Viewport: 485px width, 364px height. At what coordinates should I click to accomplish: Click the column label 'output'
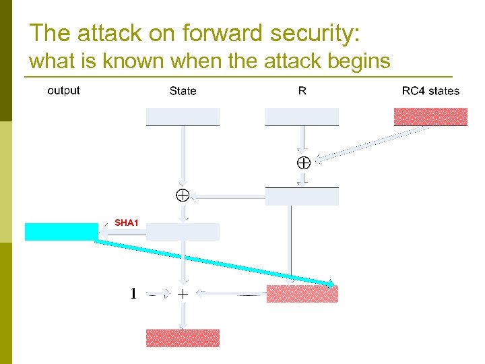pos(63,90)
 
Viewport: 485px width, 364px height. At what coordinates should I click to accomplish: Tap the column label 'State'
pos(183,91)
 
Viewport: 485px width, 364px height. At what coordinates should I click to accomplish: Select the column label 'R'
pos(302,91)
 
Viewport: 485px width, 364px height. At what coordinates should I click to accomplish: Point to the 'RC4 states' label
pos(430,91)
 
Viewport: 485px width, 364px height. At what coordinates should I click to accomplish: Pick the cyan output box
pos(61,231)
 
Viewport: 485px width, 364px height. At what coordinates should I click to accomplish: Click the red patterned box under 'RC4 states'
pos(430,117)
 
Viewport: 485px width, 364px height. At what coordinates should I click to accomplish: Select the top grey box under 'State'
pos(183,117)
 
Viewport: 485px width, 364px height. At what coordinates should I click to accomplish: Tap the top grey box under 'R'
pos(302,117)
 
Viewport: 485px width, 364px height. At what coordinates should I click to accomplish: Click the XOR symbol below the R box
pos(302,162)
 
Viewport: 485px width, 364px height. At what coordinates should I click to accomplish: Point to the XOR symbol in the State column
pos(182,195)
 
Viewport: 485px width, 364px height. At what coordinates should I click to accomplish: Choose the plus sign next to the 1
pos(183,294)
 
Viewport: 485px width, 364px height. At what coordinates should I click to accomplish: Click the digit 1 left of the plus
pos(133,294)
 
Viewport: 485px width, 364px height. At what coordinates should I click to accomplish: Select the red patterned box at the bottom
pos(183,338)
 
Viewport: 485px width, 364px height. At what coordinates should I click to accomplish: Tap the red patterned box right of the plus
pos(302,294)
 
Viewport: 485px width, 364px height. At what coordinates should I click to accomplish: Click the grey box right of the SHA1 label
pos(183,231)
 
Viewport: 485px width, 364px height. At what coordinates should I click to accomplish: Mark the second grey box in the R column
pos(302,196)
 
